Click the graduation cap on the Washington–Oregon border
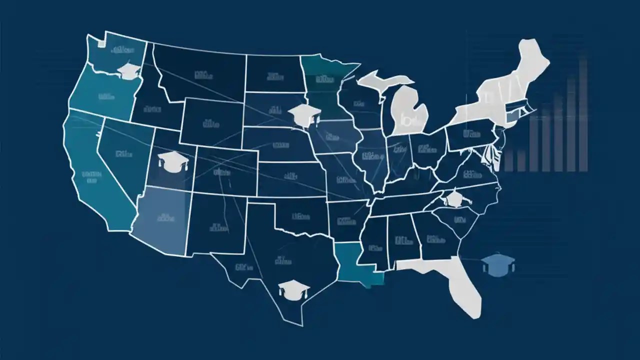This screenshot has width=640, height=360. [129, 71]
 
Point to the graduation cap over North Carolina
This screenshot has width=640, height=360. [454, 198]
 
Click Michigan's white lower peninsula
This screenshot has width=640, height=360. [410, 110]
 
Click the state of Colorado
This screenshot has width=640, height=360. [225, 170]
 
